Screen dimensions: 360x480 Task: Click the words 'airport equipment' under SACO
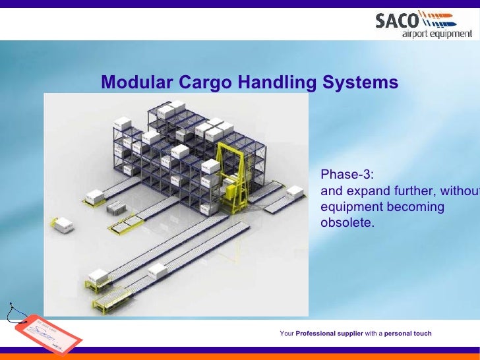(x=437, y=34)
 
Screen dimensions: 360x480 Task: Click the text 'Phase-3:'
(x=347, y=175)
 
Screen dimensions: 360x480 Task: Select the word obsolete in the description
(x=347, y=223)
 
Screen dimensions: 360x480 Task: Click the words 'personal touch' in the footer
(x=408, y=334)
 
